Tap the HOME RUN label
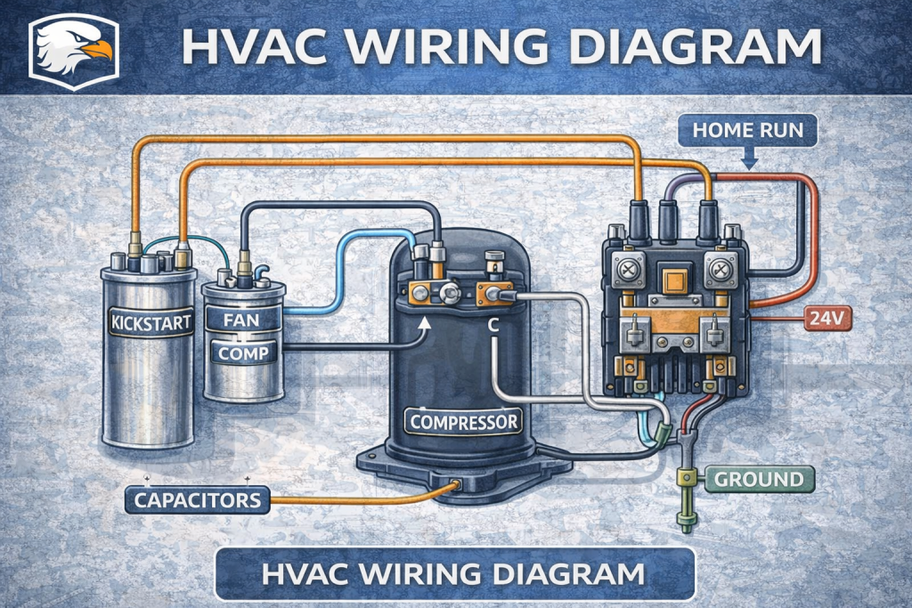[x=747, y=131]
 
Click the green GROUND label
[x=758, y=480]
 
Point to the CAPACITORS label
[x=199, y=499]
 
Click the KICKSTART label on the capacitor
[x=149, y=322]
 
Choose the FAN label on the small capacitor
[x=241, y=318]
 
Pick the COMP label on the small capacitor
[x=243, y=353]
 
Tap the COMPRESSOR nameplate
[x=463, y=420]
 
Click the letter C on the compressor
[x=493, y=326]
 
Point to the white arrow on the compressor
[x=425, y=324]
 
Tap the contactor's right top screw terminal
[x=719, y=268]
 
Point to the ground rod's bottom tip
[x=687, y=528]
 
